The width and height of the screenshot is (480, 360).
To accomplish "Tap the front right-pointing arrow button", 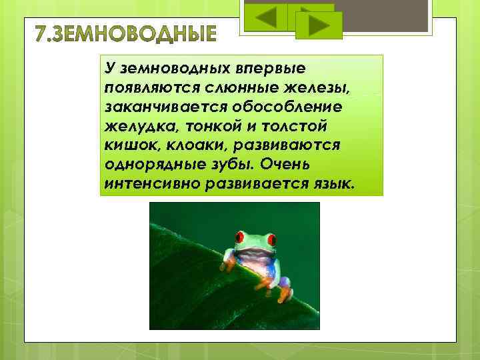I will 317,26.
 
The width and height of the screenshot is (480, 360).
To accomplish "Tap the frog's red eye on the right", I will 271,238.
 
